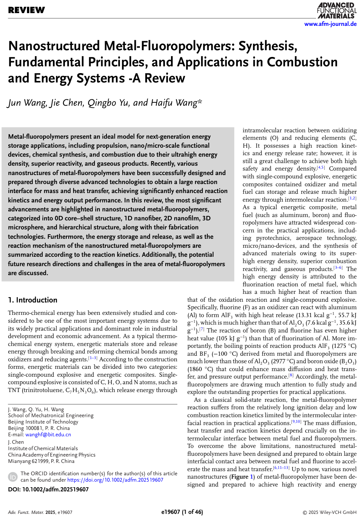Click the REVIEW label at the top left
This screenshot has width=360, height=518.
26,10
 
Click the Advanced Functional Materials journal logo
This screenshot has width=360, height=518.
336,10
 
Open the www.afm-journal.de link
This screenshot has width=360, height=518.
330,24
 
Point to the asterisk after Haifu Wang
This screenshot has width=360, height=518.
200,101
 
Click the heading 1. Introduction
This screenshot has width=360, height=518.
33,300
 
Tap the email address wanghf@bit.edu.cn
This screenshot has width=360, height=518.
48,434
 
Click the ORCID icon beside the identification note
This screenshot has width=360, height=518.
13,477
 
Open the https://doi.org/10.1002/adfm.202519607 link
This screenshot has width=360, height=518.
115,480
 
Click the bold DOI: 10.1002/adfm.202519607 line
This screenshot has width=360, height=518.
48,489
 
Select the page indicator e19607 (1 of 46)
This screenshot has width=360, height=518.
182,512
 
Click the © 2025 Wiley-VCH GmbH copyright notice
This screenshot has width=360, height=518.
329,512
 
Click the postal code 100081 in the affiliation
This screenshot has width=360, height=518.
34,428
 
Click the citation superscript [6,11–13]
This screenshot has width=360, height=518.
281,468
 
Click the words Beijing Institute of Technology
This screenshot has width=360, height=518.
43,422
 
